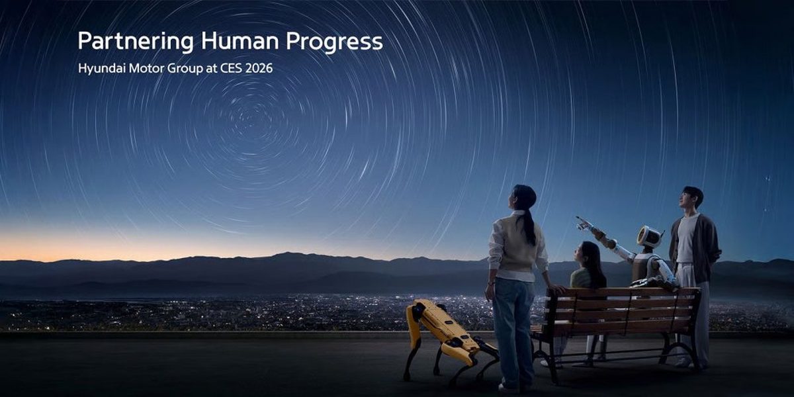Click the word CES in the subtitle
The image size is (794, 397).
[229, 68]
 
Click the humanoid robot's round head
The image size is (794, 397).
[649, 236]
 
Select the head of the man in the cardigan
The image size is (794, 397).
[692, 198]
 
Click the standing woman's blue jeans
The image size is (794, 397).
[513, 324]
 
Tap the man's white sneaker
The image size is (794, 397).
[682, 362]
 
